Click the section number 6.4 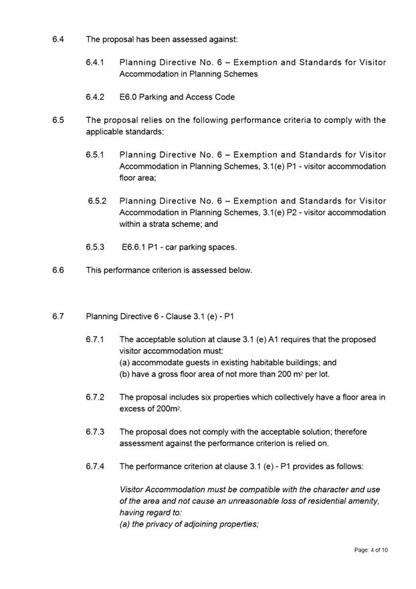(x=58, y=39)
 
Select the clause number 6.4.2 (x=95, y=97)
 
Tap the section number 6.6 (x=58, y=270)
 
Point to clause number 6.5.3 (x=95, y=247)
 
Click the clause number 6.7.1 (x=95, y=339)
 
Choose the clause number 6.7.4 (x=95, y=466)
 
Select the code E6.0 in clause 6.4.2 (x=128, y=97)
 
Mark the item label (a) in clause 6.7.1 (x=125, y=362)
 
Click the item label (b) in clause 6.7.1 (x=125, y=374)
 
